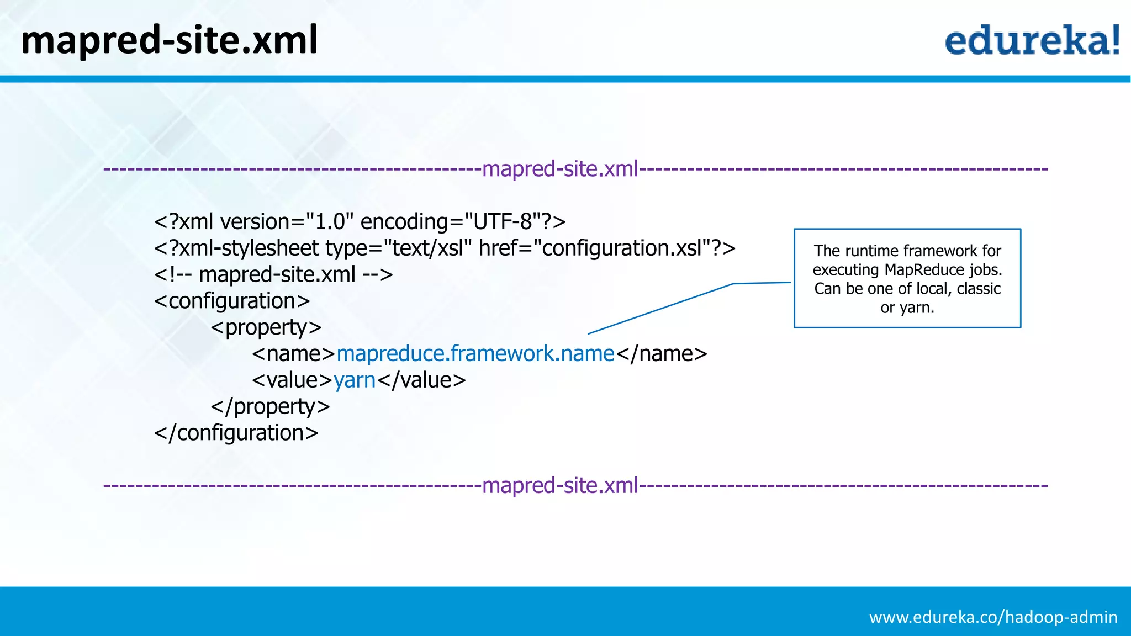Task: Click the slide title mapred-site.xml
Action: tap(169, 40)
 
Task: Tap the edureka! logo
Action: tap(1032, 40)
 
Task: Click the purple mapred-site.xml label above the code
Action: tap(560, 169)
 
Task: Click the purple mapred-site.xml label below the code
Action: tap(560, 485)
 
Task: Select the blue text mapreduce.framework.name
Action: tap(475, 353)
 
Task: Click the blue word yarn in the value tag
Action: tap(355, 380)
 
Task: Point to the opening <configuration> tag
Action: tap(232, 301)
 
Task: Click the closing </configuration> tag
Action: tap(236, 433)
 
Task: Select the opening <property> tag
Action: tap(266, 327)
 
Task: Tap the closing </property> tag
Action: tap(270, 407)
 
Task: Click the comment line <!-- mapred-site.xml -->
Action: tap(273, 274)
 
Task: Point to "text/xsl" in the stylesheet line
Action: tap(427, 248)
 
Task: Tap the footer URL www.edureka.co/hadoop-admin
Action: tap(993, 617)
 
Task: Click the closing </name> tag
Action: tap(661, 353)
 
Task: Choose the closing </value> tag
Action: tap(421, 380)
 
